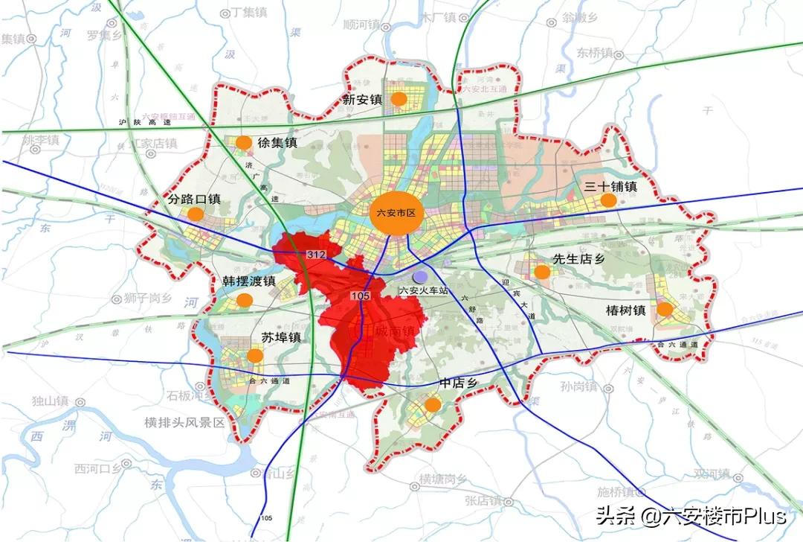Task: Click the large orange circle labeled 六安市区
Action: click(395, 213)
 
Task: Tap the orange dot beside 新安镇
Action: click(399, 98)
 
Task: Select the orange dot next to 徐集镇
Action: click(244, 142)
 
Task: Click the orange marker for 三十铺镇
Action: click(608, 200)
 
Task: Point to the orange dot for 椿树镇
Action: click(665, 309)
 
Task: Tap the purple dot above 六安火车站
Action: click(421, 276)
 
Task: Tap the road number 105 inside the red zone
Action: click(361, 296)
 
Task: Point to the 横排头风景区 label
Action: click(184, 422)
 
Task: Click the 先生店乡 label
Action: click(580, 258)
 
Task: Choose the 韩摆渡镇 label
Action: click(239, 281)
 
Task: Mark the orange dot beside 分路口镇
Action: click(196, 214)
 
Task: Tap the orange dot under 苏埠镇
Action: click(254, 356)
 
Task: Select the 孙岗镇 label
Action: click(579, 387)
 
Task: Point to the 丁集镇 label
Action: click(250, 13)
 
